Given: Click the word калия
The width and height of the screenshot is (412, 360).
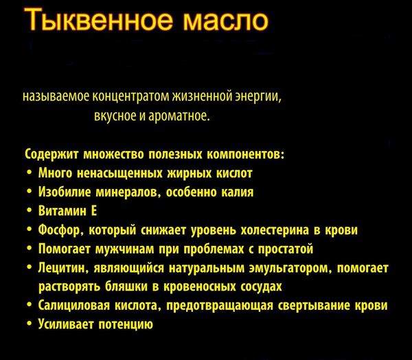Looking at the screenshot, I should (237, 192).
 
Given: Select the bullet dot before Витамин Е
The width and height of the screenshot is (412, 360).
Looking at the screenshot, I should (30, 212).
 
